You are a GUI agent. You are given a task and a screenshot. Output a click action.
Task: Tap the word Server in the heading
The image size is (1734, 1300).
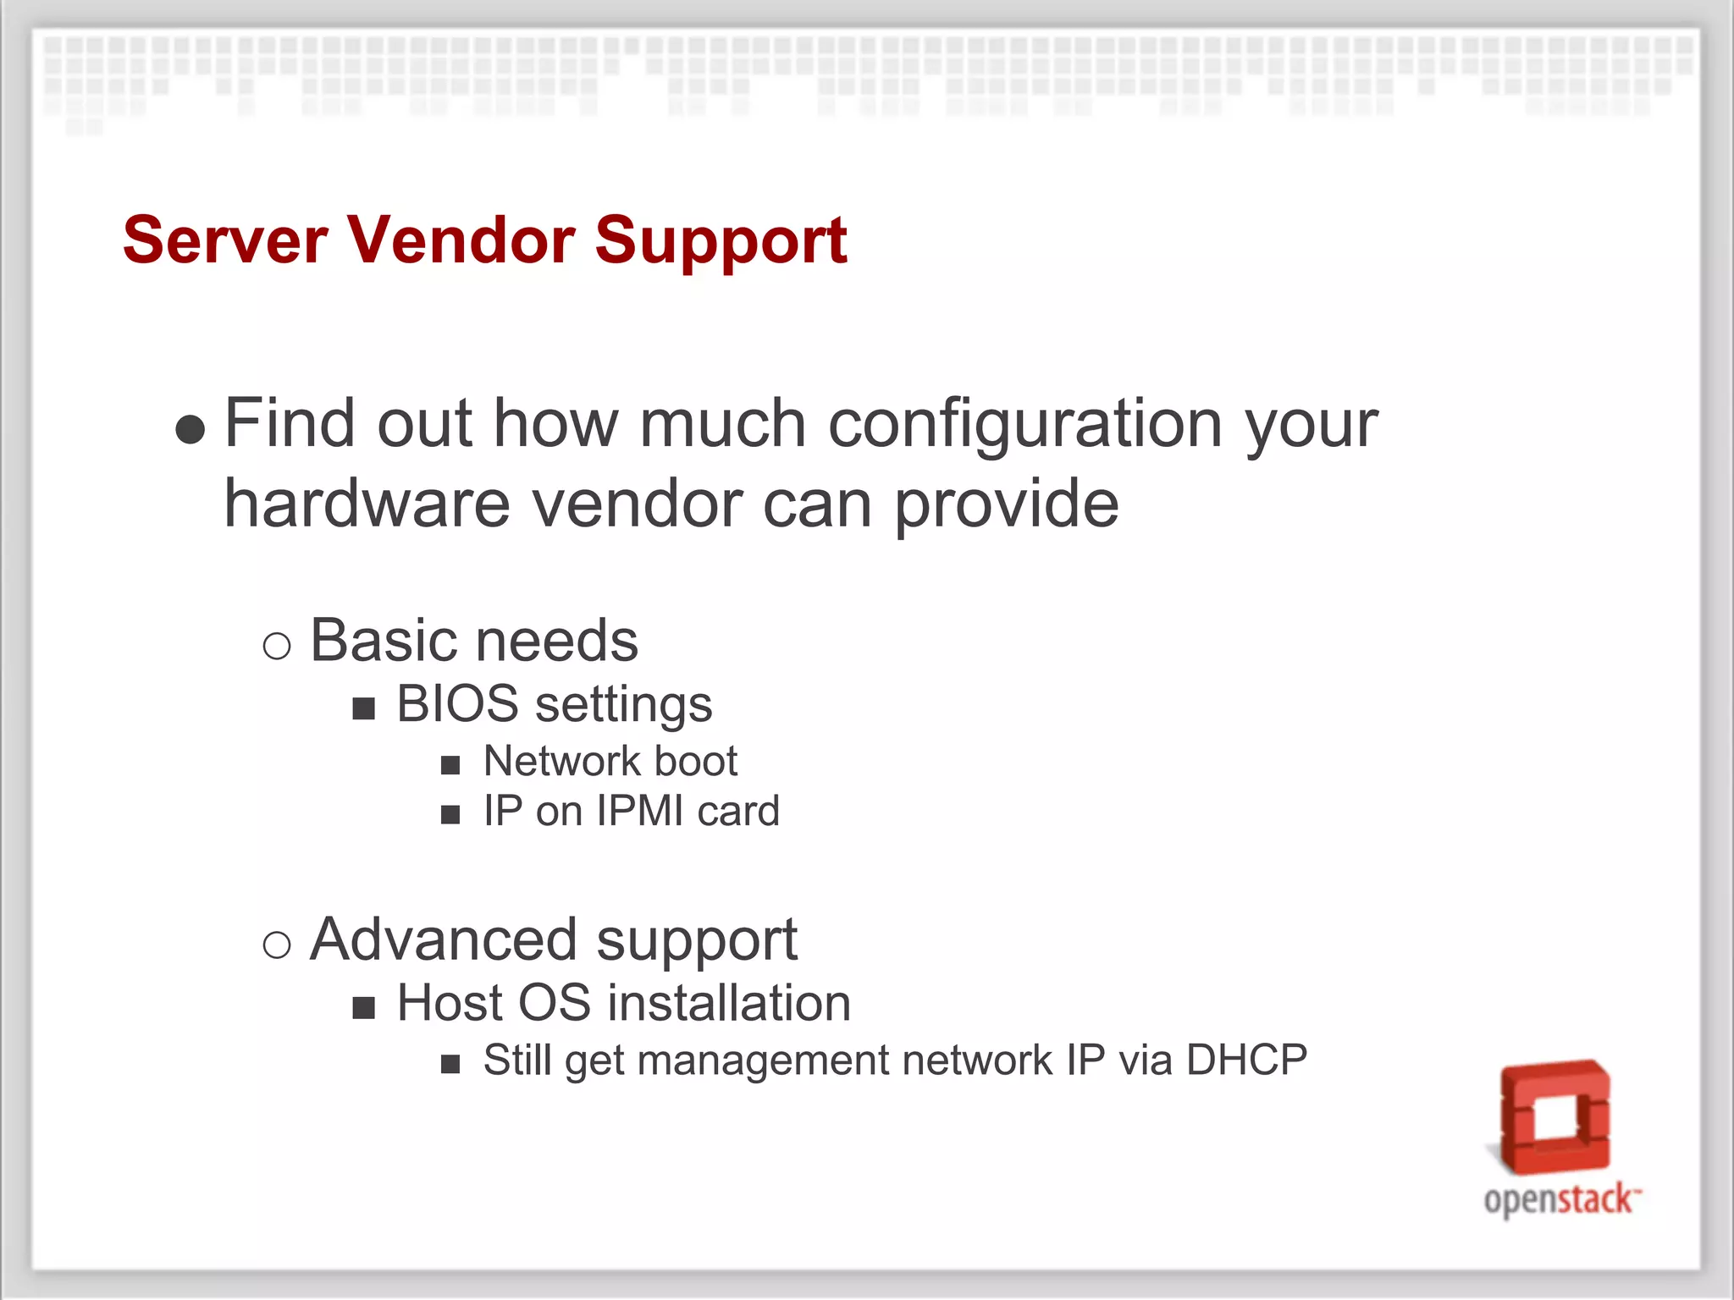[x=224, y=240]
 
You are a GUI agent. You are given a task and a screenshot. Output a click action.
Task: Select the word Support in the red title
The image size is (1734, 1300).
[x=721, y=242]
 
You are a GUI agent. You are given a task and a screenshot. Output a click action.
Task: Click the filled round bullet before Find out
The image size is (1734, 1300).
[x=191, y=429]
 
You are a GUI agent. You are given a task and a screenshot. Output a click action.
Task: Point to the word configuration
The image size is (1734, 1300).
[x=1024, y=425]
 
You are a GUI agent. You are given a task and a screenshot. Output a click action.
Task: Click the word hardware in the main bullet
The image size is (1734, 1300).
[x=366, y=504]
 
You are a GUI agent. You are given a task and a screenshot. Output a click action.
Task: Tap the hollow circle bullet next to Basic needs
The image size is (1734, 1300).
[x=277, y=647]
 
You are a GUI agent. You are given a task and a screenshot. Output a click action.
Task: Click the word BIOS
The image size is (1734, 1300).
[x=457, y=704]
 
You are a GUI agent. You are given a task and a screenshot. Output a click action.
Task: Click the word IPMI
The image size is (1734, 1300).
[x=640, y=811]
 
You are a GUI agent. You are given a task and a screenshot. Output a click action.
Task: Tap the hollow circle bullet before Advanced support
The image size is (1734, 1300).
[x=277, y=945]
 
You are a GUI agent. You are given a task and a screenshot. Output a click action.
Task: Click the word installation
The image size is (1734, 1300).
[x=729, y=1004]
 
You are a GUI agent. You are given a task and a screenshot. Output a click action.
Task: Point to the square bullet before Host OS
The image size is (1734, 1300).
[x=364, y=1008]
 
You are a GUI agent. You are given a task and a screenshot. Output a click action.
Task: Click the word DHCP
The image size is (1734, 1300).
[x=1246, y=1060]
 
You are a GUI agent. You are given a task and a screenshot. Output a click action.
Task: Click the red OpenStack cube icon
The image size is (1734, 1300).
[x=1555, y=1116]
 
